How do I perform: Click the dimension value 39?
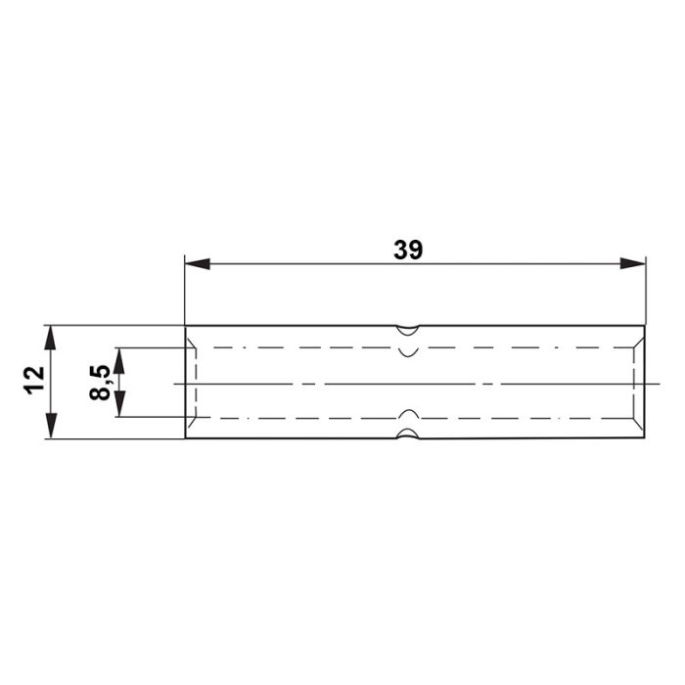click(x=408, y=250)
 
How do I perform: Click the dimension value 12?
click(x=35, y=381)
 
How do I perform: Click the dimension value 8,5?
click(x=101, y=383)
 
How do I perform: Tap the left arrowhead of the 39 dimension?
click(x=197, y=264)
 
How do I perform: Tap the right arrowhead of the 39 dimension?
click(x=632, y=263)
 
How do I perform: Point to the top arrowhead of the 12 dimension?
click(x=51, y=338)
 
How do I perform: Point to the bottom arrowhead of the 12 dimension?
click(x=51, y=426)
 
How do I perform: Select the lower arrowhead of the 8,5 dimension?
click(x=119, y=404)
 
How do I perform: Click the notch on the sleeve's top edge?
click(x=407, y=331)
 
